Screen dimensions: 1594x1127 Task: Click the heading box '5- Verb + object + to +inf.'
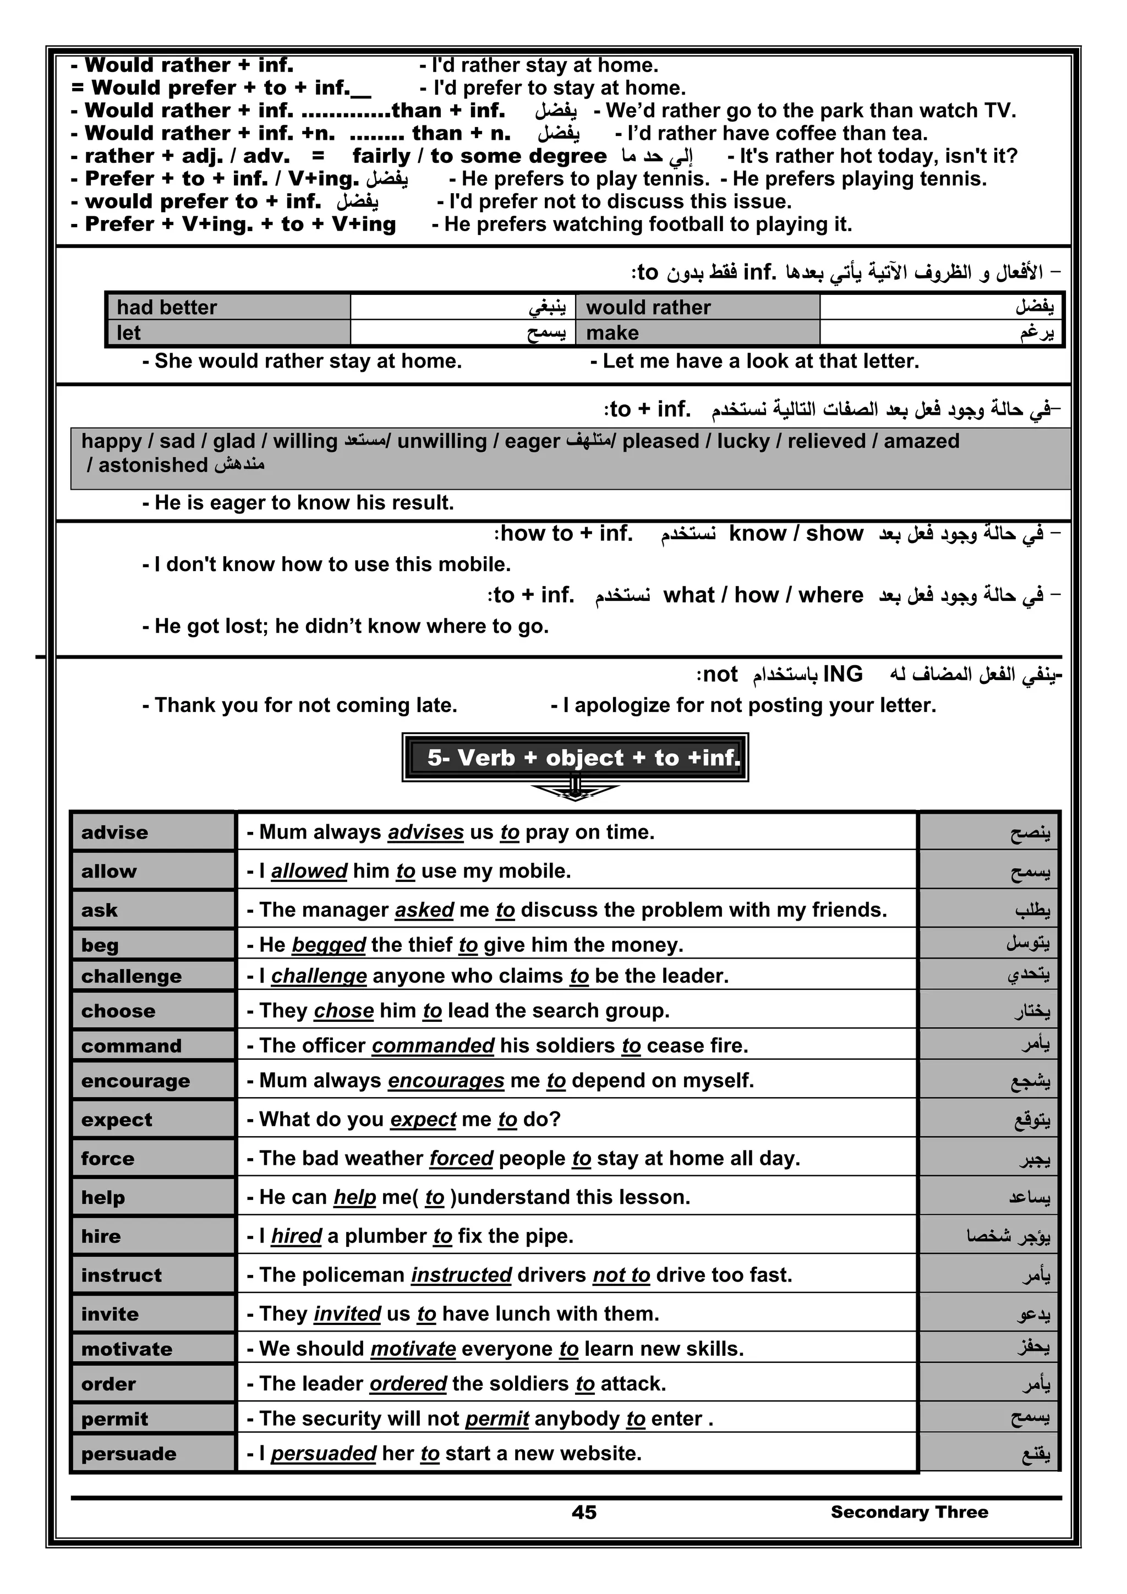click(x=575, y=757)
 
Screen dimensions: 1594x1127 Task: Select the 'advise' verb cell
click(x=153, y=832)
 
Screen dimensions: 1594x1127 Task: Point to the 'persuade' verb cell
click(x=153, y=1453)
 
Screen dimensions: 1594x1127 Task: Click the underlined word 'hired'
click(x=296, y=1236)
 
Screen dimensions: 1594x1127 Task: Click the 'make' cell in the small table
click(x=697, y=333)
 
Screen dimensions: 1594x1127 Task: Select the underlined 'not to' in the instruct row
click(x=621, y=1275)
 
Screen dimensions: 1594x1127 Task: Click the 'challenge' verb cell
click(x=153, y=976)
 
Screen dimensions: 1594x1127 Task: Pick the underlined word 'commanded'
click(x=433, y=1045)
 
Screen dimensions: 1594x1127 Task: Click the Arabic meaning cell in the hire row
click(x=989, y=1236)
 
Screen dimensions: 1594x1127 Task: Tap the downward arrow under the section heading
click(x=575, y=791)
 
